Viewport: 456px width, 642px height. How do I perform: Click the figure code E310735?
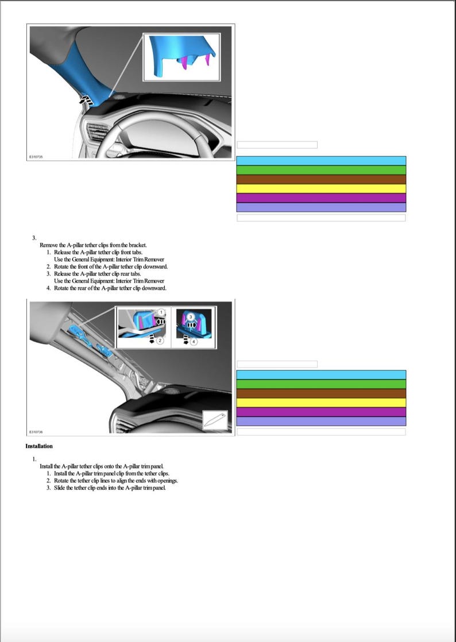pos(36,156)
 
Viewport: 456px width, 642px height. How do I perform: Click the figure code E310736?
pos(36,431)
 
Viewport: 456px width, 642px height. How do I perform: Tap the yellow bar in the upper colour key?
pos(321,188)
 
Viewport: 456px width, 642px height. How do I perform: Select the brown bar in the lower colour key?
pos(321,393)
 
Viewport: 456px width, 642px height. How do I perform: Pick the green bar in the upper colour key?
pos(321,170)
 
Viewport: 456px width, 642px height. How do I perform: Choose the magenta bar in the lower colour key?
pos(321,412)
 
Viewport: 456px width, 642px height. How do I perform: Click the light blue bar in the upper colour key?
pos(321,161)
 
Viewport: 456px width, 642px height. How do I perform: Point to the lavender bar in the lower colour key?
pos(321,421)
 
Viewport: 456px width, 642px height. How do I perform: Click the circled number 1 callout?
pos(162,311)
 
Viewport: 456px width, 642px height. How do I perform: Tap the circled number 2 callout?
pos(161,341)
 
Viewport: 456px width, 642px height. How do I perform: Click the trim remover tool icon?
pos(215,420)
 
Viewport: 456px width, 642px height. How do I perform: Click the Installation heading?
pos(39,446)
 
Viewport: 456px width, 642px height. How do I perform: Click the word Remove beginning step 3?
pos(49,245)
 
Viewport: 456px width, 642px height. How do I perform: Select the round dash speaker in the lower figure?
pos(169,390)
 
